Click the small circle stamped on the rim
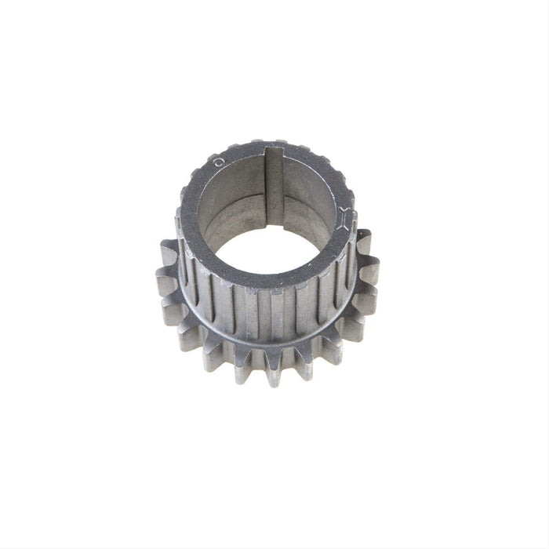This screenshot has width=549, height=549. pos(219,160)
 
